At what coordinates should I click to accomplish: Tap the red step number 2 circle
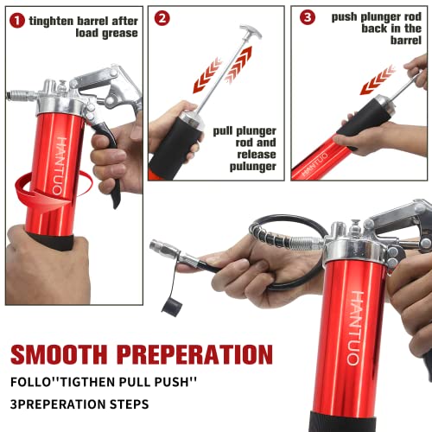coord(162,17)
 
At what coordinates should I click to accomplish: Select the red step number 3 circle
coord(307,17)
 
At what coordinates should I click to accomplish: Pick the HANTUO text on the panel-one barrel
coord(60,161)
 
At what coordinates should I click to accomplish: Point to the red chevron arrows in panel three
coord(378,79)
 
